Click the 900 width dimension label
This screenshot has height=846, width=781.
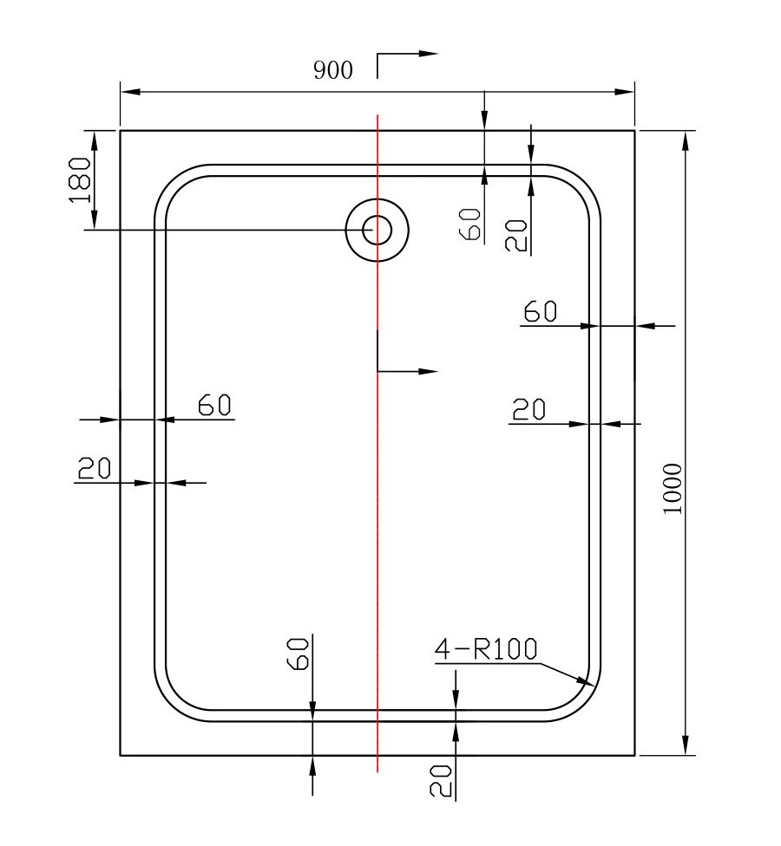click(x=333, y=69)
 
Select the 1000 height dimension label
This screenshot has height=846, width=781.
click(x=673, y=489)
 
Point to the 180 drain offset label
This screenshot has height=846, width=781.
click(x=80, y=179)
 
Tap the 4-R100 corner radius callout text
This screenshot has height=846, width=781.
click(x=486, y=649)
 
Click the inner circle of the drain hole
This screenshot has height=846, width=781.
click(x=377, y=230)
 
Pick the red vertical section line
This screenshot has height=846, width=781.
click(x=377, y=443)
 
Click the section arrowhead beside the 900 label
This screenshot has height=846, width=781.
click(x=428, y=54)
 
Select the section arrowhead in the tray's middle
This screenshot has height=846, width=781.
click(x=428, y=371)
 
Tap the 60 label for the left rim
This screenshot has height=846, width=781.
click(x=214, y=405)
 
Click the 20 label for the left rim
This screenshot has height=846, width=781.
click(x=95, y=468)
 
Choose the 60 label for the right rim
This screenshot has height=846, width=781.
click(x=540, y=311)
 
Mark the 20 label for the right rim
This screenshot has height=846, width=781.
click(x=528, y=409)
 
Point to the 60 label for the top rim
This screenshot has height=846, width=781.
click(x=469, y=225)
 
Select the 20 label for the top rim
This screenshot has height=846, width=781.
click(x=515, y=235)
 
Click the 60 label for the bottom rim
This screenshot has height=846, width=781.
click(x=299, y=654)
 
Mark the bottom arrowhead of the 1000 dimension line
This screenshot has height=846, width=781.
click(x=686, y=745)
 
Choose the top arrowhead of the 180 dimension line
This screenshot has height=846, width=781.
click(x=95, y=140)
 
